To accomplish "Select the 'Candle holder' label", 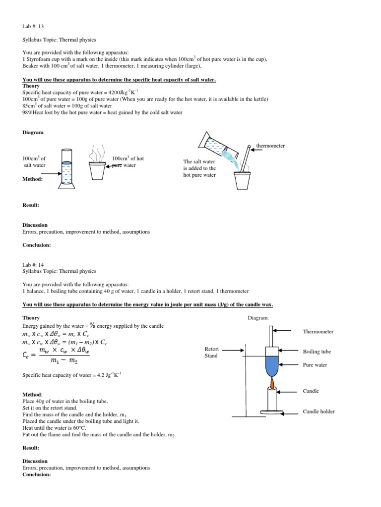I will (319, 411).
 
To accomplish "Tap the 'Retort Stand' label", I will (211, 352).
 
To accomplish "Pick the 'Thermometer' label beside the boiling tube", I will (318, 332).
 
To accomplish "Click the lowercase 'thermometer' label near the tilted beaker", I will (270, 146).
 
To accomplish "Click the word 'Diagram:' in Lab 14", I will (258, 318).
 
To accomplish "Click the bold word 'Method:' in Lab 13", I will (33, 179).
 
